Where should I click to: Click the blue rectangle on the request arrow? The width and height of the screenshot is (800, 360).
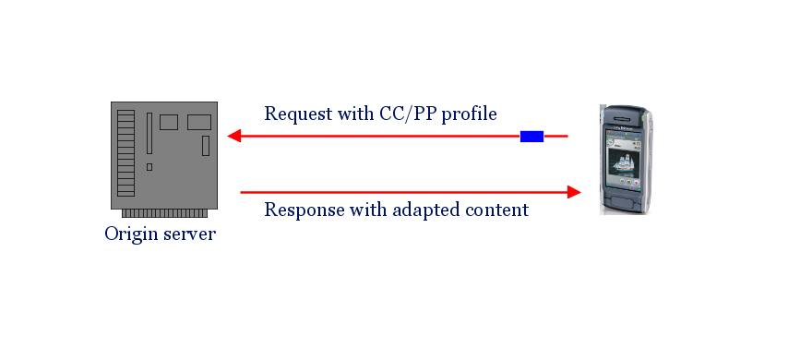coord(531,137)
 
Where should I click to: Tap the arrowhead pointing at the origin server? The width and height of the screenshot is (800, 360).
coord(234,137)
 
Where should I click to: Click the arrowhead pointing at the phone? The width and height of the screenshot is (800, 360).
coord(574,192)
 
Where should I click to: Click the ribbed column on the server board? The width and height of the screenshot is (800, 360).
coord(125,152)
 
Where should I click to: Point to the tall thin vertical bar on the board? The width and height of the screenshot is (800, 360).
coord(149,134)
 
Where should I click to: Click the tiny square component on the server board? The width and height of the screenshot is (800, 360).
coord(149,167)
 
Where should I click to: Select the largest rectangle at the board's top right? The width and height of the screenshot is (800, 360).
coord(199,122)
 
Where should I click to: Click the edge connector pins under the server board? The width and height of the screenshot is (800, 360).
coord(164,213)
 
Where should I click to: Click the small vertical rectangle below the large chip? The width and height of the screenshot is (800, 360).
coord(206,145)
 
